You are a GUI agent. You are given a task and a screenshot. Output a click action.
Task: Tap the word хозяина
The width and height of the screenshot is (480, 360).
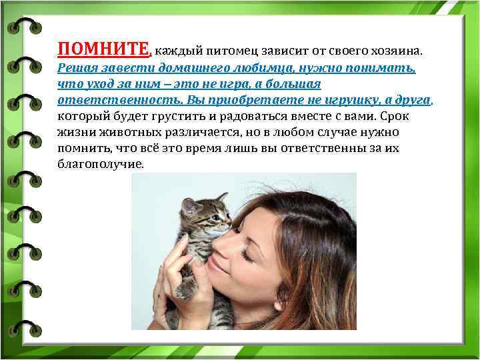(394, 51)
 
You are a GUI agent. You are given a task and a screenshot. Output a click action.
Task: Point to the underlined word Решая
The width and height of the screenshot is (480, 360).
(75, 68)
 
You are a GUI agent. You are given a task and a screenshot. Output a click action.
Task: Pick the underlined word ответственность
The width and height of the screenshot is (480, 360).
(100, 100)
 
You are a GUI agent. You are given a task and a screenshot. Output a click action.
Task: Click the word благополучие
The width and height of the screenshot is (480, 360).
(100, 164)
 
